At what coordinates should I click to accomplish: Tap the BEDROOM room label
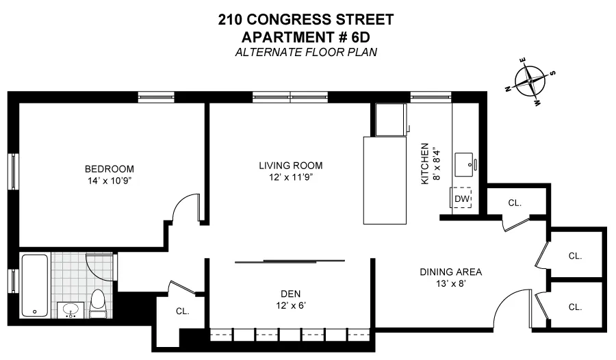coord(109,169)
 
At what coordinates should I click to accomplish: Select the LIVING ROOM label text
coord(290,166)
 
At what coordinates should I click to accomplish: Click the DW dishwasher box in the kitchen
coord(463,198)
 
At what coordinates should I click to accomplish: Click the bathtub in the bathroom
coord(35,285)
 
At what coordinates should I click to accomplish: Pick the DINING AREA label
coord(450,272)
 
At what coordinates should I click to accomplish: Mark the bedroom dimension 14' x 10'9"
coord(109,182)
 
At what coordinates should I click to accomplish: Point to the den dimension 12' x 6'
coord(291,306)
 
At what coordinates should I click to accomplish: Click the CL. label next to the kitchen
coord(515,203)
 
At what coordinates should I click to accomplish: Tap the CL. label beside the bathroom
coord(182,311)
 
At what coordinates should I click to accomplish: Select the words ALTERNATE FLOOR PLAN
coord(306,51)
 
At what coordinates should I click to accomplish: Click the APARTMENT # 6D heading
coord(306,36)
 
